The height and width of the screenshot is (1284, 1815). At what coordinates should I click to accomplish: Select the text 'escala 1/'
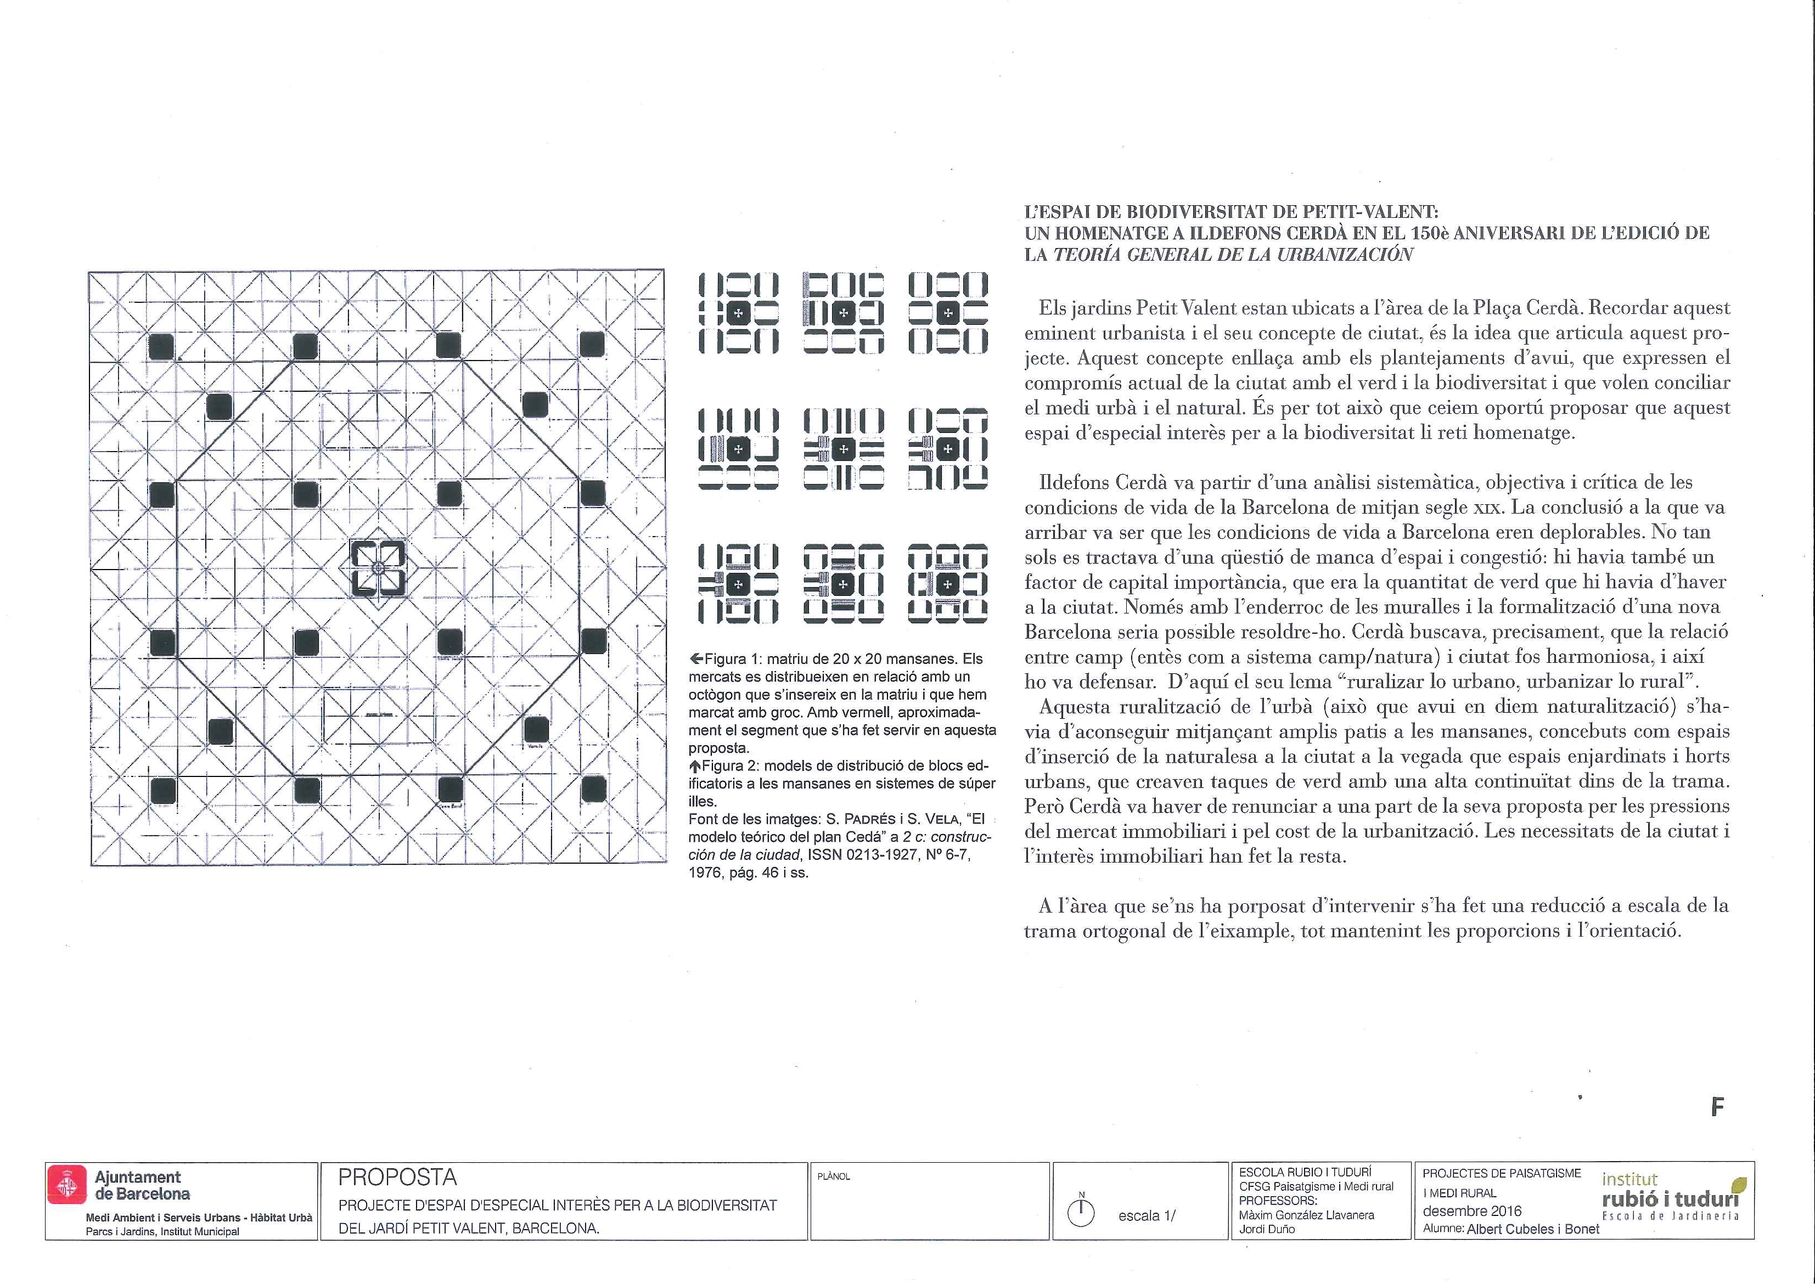(x=1147, y=1216)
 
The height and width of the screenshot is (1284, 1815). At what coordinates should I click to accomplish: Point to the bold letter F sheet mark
(x=1716, y=1107)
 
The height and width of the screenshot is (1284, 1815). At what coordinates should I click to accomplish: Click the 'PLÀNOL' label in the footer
(x=834, y=1176)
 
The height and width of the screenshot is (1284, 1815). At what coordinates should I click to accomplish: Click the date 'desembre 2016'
(x=1472, y=1211)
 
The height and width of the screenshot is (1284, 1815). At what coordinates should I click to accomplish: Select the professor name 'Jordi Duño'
(x=1267, y=1229)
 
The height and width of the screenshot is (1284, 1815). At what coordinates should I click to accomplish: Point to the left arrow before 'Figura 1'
(x=695, y=658)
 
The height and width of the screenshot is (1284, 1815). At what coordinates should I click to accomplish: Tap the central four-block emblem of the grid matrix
(x=378, y=568)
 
